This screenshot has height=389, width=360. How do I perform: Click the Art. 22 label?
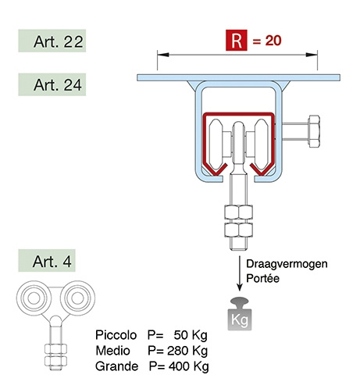52,41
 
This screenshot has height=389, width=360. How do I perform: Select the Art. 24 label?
52,84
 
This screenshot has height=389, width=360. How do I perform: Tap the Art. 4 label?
47,261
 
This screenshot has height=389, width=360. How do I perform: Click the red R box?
236,40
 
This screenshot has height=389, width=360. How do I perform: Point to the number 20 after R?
273,41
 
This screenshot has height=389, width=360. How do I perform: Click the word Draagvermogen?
287,264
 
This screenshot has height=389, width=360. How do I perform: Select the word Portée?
262,278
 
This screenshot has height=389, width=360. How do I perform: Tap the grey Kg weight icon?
240,314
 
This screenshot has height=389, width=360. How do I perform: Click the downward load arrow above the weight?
240,273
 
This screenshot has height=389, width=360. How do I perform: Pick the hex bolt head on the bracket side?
314,131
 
